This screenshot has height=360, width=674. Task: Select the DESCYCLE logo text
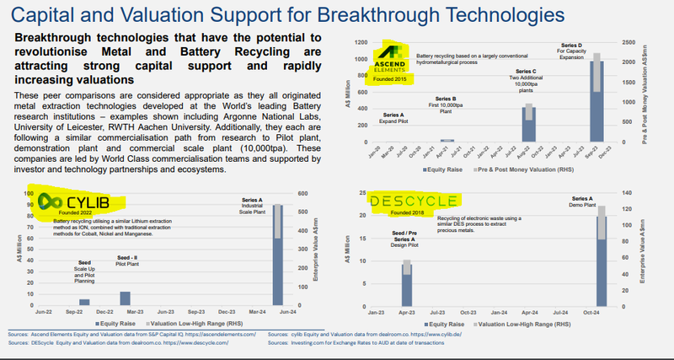pyautogui.click(x=414, y=201)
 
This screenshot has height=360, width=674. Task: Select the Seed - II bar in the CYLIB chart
pyautogui.click(x=125, y=298)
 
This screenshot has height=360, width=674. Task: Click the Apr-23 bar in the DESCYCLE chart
pyautogui.click(x=406, y=282)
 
